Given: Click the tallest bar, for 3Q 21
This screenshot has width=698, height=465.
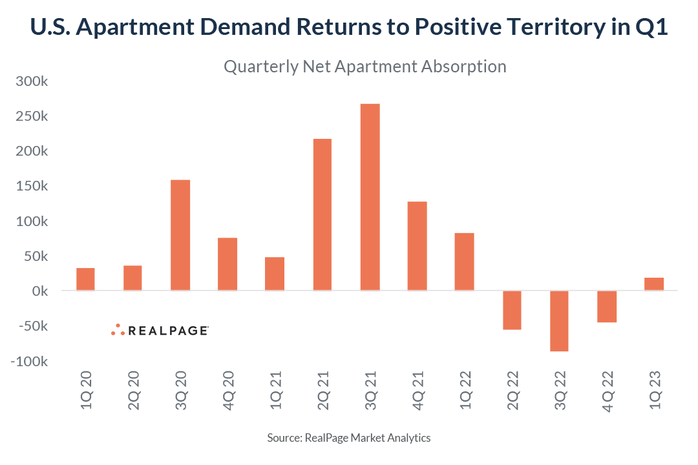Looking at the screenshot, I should (370, 197).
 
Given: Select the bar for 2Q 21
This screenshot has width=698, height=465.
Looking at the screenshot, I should (323, 214).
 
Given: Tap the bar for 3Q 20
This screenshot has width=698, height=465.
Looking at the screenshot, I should (180, 235).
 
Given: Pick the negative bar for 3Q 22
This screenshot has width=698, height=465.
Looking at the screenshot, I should (559, 321).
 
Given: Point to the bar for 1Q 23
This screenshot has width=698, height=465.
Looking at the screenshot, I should (654, 284).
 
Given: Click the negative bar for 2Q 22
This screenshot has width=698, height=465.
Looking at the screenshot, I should (512, 310).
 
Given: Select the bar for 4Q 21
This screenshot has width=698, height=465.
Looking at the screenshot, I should (417, 246).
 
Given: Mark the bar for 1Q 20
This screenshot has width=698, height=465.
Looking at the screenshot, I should (85, 279).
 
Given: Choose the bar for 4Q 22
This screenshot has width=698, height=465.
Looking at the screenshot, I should (606, 306).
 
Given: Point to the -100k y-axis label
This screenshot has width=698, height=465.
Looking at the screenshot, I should (28, 361).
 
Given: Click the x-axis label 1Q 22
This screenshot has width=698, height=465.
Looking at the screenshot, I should (465, 390).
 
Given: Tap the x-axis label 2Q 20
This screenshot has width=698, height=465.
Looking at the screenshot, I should (133, 390).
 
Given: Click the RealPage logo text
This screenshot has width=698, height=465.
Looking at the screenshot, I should (167, 331).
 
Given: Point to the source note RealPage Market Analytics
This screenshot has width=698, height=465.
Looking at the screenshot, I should (349, 438).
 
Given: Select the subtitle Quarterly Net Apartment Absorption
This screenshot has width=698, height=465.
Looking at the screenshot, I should (365, 67).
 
